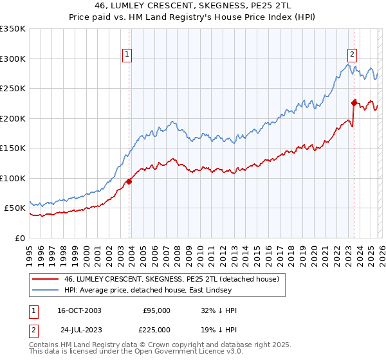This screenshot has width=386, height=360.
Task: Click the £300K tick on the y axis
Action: [13, 59]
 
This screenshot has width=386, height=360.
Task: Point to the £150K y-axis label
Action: [13, 148]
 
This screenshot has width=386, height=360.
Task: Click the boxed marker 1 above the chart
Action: [127, 55]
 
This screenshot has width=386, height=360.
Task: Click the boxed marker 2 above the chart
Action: [353, 55]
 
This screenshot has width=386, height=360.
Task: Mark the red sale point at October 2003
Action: [129, 181]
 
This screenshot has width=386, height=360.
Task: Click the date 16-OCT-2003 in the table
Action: [79, 310]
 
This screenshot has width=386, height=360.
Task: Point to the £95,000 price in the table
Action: [156, 310]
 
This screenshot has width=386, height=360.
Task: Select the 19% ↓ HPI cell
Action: [219, 328]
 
